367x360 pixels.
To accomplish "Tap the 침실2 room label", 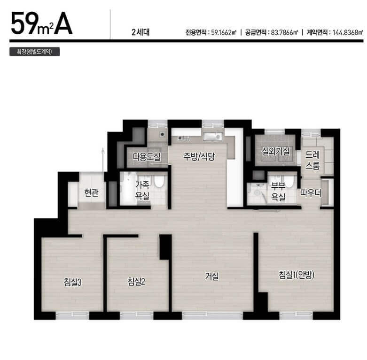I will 135,282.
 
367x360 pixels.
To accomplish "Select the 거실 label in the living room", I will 212,276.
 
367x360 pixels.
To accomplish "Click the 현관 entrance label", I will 91,192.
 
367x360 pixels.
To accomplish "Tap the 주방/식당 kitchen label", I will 199,157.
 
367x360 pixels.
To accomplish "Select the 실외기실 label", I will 276,152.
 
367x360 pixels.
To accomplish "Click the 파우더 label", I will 311,192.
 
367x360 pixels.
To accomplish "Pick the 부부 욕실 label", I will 279,191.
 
